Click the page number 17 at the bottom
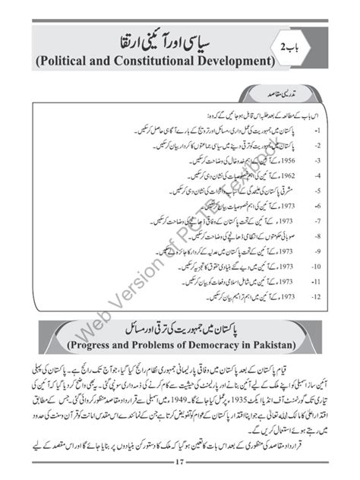tap(179, 463)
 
